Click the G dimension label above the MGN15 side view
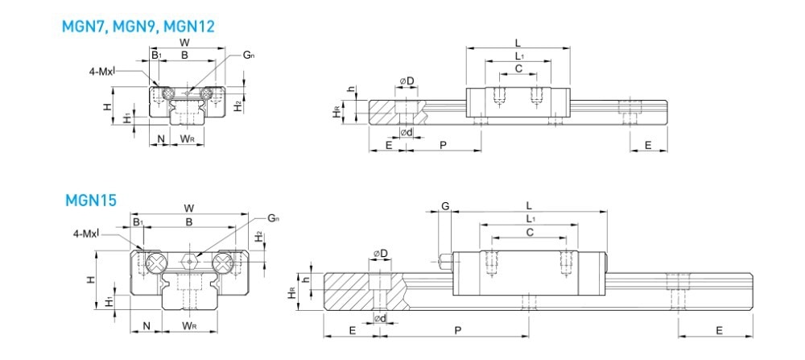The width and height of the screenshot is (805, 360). click(445, 206)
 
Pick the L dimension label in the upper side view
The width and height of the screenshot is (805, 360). click(518, 43)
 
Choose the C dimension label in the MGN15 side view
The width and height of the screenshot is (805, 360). click(529, 232)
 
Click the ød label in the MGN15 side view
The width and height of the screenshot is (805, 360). click(381, 320)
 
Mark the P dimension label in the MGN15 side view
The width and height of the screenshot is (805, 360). click(457, 331)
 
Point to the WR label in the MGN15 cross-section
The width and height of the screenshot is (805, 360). click(190, 326)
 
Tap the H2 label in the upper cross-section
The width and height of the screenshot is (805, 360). click(238, 106)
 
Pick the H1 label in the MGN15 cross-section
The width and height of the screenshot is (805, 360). click(109, 304)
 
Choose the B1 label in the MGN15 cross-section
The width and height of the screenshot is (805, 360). click(137, 221)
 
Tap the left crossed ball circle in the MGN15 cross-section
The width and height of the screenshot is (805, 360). click(155, 262)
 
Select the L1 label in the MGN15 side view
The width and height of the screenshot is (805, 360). click(529, 218)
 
